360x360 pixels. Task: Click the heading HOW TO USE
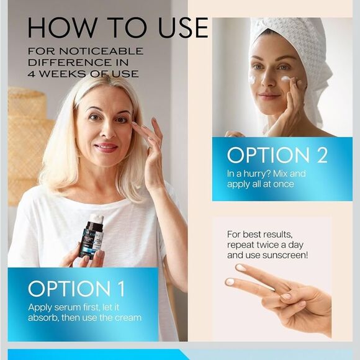[117, 28]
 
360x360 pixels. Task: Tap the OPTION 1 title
[76, 289]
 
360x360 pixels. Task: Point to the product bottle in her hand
[91, 239]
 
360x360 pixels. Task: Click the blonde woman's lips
[106, 148]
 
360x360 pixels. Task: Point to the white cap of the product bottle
[95, 220]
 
